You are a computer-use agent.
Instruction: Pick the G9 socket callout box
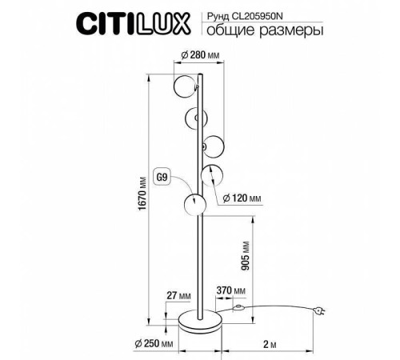162,176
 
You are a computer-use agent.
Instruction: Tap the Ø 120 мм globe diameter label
247,197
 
